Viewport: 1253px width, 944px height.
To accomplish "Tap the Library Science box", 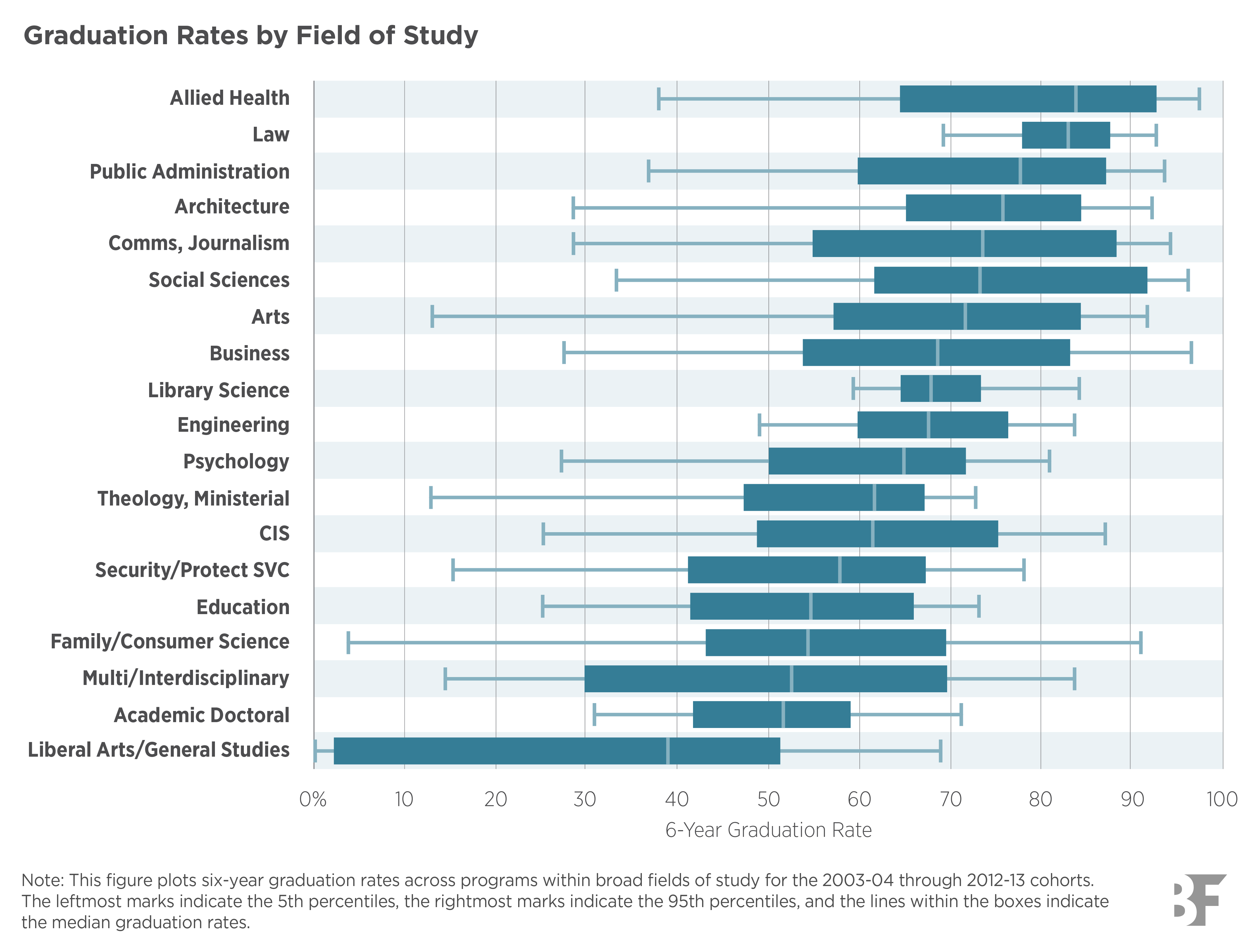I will pos(940,388).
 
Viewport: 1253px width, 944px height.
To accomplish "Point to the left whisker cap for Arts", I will pos(432,316).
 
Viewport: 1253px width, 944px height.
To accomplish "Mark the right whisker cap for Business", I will pos(1191,353).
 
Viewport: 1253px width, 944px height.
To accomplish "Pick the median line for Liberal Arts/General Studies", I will pos(668,751).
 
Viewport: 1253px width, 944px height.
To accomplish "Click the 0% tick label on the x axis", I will pos(313,799).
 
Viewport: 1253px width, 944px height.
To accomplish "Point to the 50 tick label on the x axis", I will pos(768,799).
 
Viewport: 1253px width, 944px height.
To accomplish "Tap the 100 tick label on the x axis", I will pos(1222,799).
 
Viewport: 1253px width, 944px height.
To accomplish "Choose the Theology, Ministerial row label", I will pos(193,498).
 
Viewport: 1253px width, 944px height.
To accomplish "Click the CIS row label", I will pos(274,534).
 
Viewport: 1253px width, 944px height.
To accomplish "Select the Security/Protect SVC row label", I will pos(192,570).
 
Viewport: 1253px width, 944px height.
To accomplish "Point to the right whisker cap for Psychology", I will pos(1049,460).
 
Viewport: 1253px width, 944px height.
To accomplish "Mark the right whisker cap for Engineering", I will pos(1074,425).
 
